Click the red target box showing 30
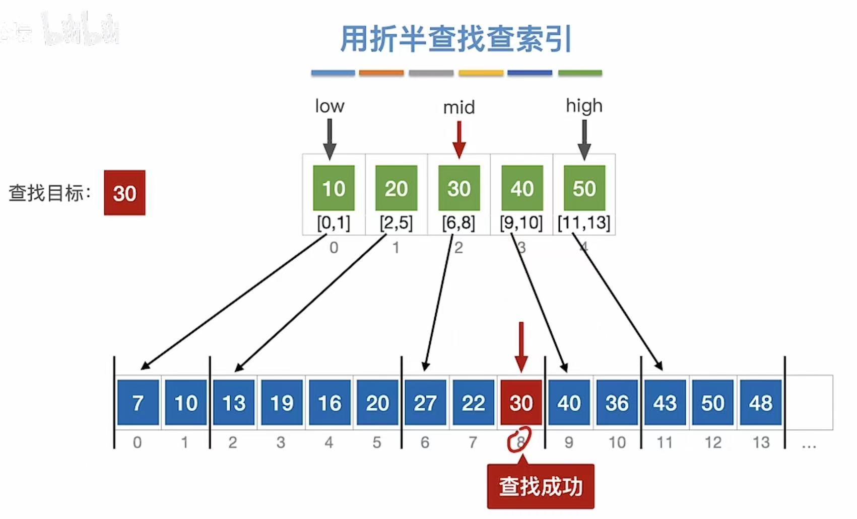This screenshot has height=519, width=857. pos(124,193)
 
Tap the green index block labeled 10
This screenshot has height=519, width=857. pos(334,188)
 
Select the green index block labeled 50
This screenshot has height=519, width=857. pos(584,188)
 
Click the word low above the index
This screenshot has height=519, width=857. pos(329,106)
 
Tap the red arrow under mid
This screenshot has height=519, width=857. pos(459,139)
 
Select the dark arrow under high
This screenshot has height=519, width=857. pos(584,139)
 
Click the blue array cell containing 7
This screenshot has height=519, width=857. pos(138,403)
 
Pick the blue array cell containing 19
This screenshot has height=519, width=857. pos(282,403)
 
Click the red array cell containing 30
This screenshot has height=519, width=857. pos(521,403)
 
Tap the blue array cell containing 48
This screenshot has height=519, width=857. pos(760,403)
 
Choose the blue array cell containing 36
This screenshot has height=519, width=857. pos(617,403)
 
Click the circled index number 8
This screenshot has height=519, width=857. pos(520,441)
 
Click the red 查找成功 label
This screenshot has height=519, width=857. pos(541,486)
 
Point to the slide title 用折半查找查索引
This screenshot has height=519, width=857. pos(456,39)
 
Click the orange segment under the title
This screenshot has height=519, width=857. pos(381,73)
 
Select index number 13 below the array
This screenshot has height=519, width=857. pos(761,442)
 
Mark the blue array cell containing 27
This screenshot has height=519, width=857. pos(425,403)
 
